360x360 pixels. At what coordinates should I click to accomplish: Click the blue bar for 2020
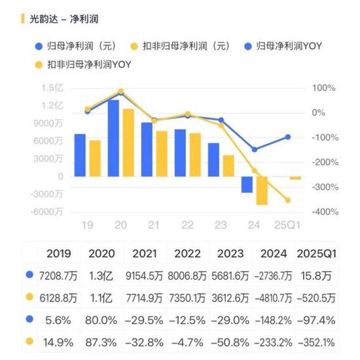[x=113, y=137]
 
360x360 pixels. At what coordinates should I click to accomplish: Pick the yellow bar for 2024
[x=262, y=190]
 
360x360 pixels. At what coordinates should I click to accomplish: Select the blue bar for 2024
[x=247, y=184]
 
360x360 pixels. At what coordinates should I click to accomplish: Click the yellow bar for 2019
[x=95, y=158]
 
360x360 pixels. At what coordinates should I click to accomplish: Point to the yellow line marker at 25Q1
[x=287, y=200]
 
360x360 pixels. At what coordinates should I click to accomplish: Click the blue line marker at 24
[x=255, y=149]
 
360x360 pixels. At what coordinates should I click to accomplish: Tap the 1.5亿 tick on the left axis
[x=52, y=88]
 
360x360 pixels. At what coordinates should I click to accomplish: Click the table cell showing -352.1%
[x=316, y=340]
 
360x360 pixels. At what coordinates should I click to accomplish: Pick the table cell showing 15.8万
[x=316, y=276]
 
